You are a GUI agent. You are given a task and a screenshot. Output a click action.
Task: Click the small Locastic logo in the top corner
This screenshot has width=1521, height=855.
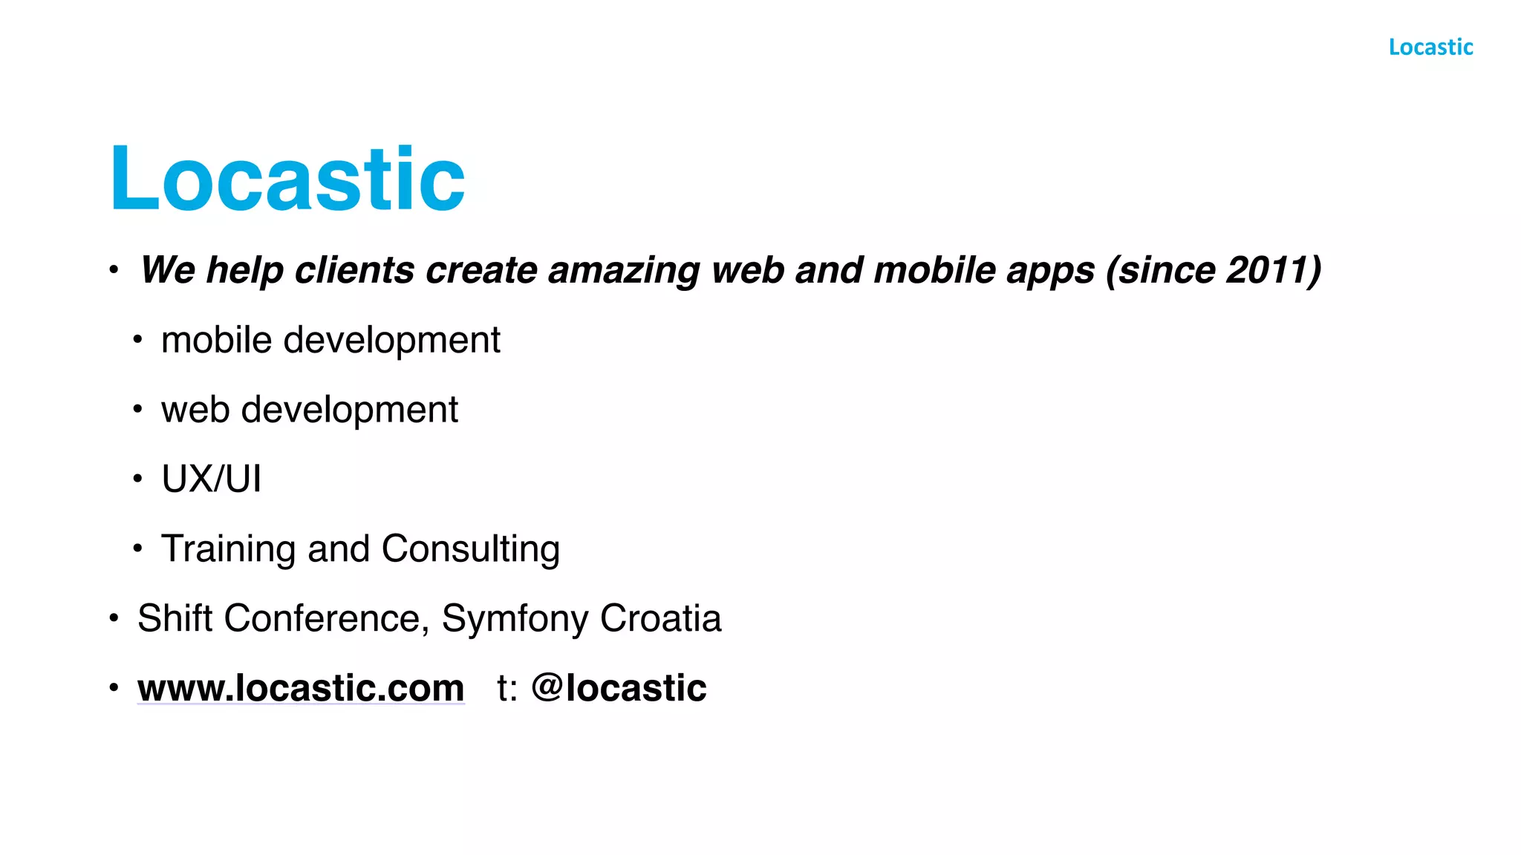pyautogui.click(x=1430, y=47)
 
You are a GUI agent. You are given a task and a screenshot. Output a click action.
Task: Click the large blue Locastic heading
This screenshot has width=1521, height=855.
pyautogui.click(x=287, y=179)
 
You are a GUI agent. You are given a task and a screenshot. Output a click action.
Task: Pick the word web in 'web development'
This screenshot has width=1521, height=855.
pyautogui.click(x=195, y=410)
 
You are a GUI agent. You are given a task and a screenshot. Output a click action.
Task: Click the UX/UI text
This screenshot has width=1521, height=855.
pyautogui.click(x=212, y=479)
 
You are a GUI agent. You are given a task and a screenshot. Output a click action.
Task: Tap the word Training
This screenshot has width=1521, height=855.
pyautogui.click(x=229, y=549)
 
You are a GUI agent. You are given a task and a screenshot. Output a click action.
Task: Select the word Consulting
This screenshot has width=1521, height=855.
pyautogui.click(x=470, y=549)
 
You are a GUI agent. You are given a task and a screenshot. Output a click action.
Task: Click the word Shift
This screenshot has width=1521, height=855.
pyautogui.click(x=175, y=618)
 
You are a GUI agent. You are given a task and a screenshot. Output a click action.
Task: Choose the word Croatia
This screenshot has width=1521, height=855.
pyautogui.click(x=660, y=618)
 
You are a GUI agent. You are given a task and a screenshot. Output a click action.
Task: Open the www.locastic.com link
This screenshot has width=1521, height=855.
pyautogui.click(x=301, y=688)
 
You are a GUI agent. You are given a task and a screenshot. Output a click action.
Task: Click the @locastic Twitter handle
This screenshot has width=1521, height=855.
pyautogui.click(x=619, y=688)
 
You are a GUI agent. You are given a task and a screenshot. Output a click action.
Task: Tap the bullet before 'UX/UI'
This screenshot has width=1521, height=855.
pyautogui.click(x=137, y=479)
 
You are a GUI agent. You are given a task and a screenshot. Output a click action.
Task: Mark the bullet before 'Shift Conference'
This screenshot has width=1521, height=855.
pyautogui.click(x=114, y=618)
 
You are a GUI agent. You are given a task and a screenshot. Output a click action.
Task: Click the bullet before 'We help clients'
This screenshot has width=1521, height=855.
pyautogui.click(x=114, y=270)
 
